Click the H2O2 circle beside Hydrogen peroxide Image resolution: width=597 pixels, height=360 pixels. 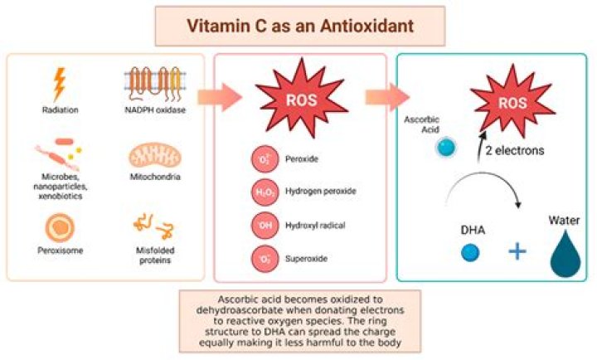pos(263,191)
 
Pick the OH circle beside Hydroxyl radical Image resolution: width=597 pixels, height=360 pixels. pos(263,224)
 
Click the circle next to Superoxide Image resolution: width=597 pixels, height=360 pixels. pos(263,258)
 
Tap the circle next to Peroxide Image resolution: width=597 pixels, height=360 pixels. pos(263,157)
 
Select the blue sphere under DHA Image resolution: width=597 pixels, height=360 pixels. pos(471,252)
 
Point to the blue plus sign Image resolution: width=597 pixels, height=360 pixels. pos(518,251)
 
